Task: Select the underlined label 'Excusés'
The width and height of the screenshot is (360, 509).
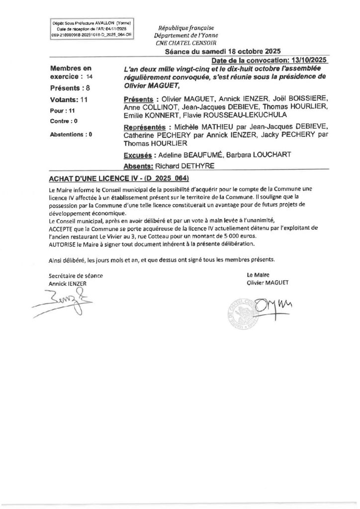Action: pyautogui.click(x=137, y=155)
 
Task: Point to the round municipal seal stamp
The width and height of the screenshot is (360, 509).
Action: pyautogui.click(x=244, y=312)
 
